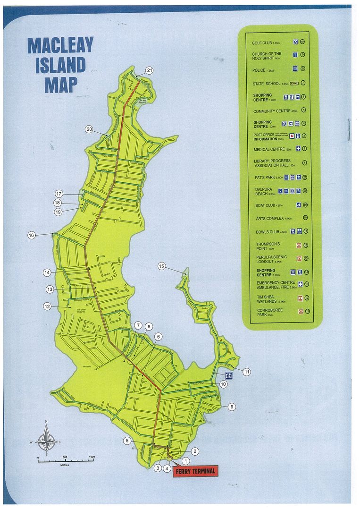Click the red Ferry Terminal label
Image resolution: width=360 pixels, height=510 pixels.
click(195, 471)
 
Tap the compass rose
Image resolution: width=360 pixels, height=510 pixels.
click(46, 437)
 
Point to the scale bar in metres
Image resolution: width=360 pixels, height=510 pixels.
click(66, 459)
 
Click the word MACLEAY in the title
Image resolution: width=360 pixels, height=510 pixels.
click(60, 45)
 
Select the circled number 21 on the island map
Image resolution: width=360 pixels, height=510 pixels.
click(150, 70)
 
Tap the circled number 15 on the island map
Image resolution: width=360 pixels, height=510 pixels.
click(162, 267)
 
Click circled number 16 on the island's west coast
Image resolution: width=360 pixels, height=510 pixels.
click(32, 235)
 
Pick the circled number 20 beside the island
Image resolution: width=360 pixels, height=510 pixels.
click(89, 129)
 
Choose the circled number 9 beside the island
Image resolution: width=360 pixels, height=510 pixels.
click(231, 407)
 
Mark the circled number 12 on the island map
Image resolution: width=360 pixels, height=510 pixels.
click(47, 306)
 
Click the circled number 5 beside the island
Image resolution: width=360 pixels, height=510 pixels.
click(127, 441)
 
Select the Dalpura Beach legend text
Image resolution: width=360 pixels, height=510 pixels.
click(263, 191)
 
